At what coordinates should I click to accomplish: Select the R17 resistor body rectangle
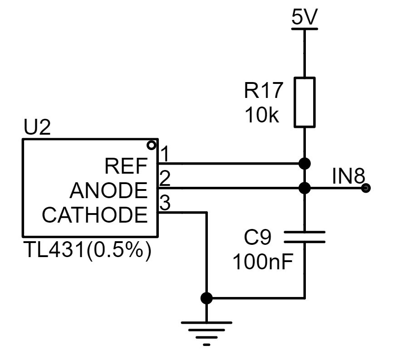click(x=305, y=102)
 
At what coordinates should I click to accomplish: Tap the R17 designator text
click(x=263, y=90)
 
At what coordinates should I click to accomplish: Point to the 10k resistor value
click(x=262, y=115)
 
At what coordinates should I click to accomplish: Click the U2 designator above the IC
click(x=37, y=127)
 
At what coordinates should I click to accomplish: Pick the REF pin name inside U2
click(x=126, y=166)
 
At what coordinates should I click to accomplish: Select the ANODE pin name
click(x=108, y=190)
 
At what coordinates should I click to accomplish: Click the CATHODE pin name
click(x=95, y=214)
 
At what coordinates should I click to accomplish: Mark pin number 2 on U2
click(x=165, y=178)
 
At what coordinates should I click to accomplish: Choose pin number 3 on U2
click(x=165, y=202)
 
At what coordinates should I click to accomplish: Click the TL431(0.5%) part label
click(x=88, y=250)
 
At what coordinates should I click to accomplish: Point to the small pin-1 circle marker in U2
click(x=152, y=145)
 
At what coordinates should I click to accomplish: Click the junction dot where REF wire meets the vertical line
click(x=305, y=164)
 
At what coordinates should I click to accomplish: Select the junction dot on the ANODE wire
click(x=305, y=188)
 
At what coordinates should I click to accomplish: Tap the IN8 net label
click(x=349, y=176)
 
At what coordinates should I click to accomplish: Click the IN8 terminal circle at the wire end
click(x=366, y=188)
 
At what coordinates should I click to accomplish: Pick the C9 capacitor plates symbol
click(x=305, y=237)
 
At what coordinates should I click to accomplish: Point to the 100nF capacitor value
click(x=263, y=262)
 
